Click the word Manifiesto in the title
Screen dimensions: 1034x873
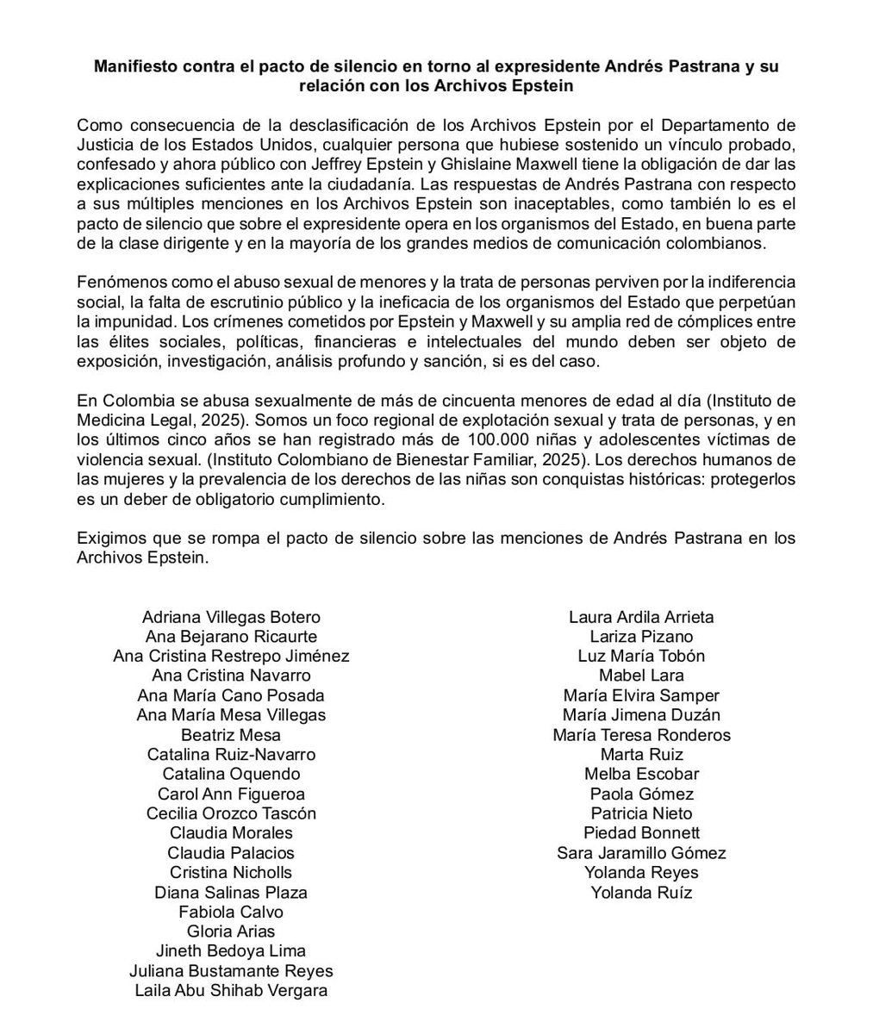click(140, 66)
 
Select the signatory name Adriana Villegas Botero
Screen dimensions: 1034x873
click(231, 617)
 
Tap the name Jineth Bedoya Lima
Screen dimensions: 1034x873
click(231, 950)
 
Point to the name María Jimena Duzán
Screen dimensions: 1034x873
click(641, 714)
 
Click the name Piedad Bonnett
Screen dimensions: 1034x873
click(641, 832)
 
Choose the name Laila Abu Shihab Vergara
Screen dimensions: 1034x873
click(231, 990)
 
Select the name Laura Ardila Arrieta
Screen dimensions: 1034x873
click(641, 617)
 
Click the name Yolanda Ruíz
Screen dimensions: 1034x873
click(641, 892)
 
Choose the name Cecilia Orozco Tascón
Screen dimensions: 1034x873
click(231, 813)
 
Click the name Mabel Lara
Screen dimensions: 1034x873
click(641, 676)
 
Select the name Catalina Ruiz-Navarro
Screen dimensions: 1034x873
click(231, 754)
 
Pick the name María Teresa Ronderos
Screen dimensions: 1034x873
click(641, 735)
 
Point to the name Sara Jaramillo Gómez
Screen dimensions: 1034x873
click(641, 853)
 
